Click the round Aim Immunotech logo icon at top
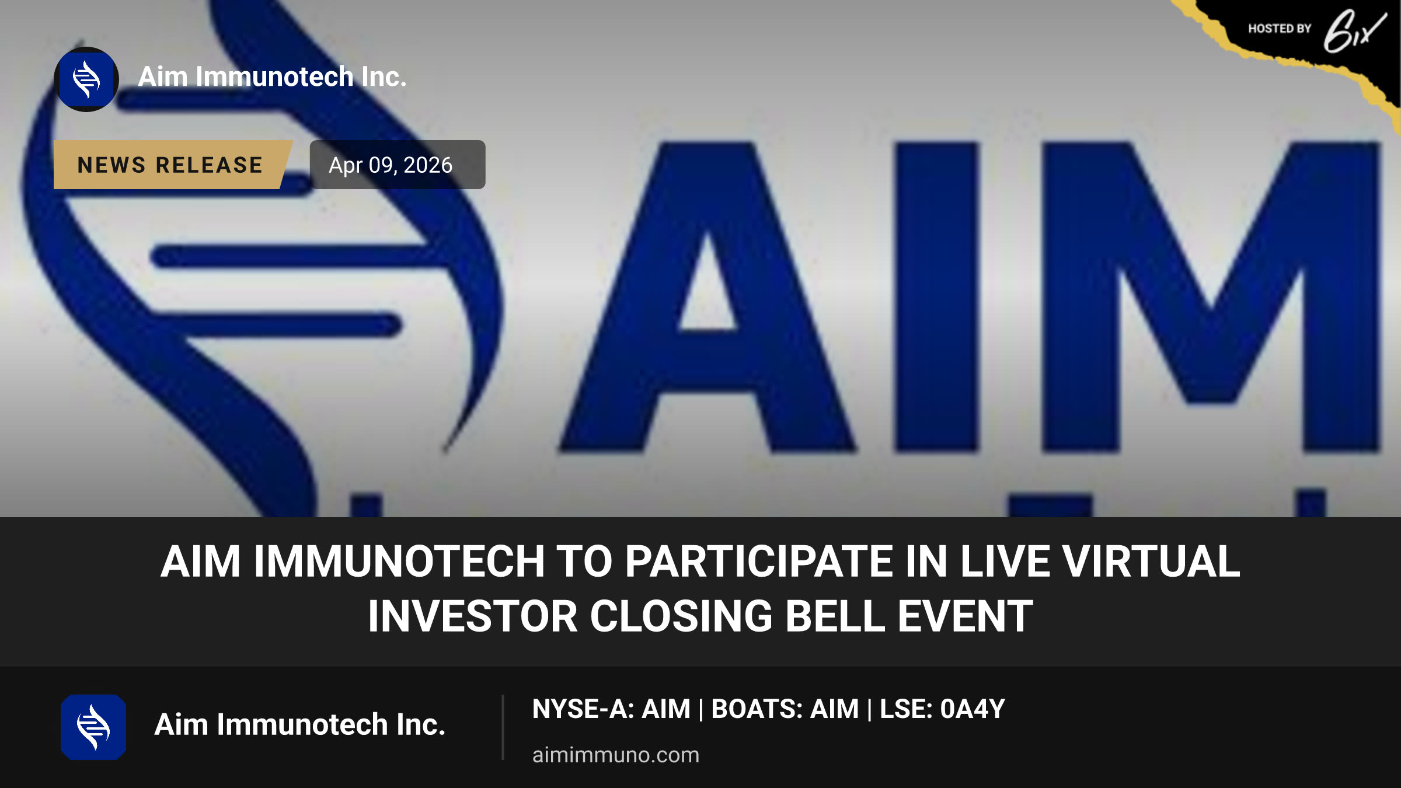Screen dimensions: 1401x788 click(86, 79)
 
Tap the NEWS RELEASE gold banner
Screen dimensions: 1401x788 click(173, 165)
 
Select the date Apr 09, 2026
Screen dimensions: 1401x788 click(391, 165)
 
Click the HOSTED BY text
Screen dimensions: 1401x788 click(1280, 29)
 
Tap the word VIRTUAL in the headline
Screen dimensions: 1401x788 click(1151, 562)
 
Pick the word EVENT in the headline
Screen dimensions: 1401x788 click(966, 616)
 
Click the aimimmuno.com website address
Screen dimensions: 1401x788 click(616, 755)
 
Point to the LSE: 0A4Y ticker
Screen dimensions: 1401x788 click(942, 709)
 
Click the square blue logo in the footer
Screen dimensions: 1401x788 click(93, 727)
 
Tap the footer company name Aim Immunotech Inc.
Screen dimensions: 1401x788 click(300, 724)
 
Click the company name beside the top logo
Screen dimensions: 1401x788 click(272, 77)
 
